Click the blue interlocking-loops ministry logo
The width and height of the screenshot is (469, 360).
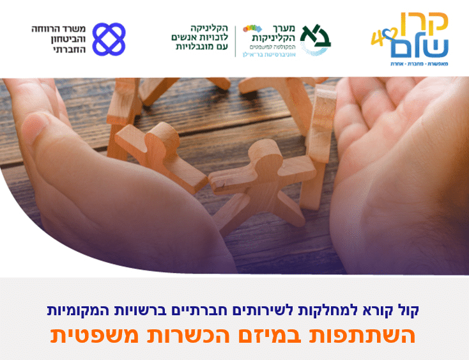point(109,39)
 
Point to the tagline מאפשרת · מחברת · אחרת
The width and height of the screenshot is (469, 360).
point(419,64)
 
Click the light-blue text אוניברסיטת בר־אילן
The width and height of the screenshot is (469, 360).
point(268,54)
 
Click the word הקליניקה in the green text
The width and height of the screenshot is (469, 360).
point(210,28)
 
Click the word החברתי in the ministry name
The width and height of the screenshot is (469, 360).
point(70,49)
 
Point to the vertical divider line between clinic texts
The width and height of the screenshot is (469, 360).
point(235,41)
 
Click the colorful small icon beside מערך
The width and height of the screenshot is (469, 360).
point(252,28)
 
